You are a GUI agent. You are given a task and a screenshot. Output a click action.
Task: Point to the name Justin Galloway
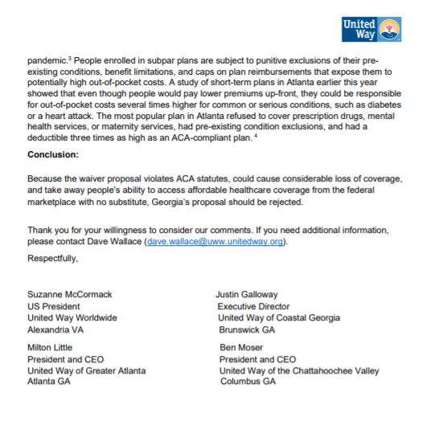248,294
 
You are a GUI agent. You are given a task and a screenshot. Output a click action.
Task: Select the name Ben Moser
242,347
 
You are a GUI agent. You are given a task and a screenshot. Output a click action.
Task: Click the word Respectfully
54,259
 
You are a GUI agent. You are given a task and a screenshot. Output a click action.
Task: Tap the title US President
54,306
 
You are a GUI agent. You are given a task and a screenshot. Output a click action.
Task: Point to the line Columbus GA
248,381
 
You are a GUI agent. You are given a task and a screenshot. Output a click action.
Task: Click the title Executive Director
253,306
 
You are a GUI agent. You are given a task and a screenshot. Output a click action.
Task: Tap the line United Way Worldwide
72,318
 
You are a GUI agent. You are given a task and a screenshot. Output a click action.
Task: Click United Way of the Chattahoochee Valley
299,370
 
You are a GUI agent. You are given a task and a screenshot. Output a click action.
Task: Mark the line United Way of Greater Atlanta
85,370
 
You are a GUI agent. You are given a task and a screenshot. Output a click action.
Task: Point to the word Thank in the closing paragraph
40,230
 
